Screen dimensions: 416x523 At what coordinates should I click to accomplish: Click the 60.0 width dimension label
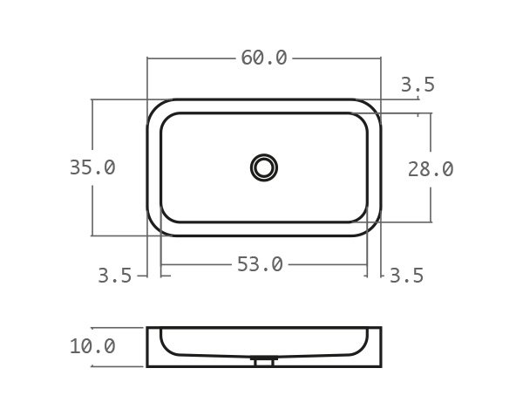263,58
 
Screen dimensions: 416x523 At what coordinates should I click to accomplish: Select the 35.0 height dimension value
92,167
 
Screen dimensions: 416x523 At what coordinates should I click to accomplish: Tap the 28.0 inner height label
430,169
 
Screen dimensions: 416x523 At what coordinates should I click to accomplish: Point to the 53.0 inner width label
260,264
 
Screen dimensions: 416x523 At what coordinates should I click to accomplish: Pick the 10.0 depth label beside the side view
92,346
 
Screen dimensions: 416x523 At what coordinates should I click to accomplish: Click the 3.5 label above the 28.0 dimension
418,85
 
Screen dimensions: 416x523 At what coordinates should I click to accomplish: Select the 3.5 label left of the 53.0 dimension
114,276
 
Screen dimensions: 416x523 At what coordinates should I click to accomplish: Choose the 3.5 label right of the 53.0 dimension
406,276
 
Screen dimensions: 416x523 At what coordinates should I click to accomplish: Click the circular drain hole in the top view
264,167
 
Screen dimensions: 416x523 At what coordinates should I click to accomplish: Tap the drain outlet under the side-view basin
262,360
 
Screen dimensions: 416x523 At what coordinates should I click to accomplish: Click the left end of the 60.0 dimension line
148,58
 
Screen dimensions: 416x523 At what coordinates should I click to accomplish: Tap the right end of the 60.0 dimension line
381,58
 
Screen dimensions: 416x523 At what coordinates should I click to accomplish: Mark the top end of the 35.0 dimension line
92,99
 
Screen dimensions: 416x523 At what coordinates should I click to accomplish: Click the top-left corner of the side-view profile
148,329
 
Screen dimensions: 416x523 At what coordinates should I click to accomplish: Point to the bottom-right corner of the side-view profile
380,365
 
